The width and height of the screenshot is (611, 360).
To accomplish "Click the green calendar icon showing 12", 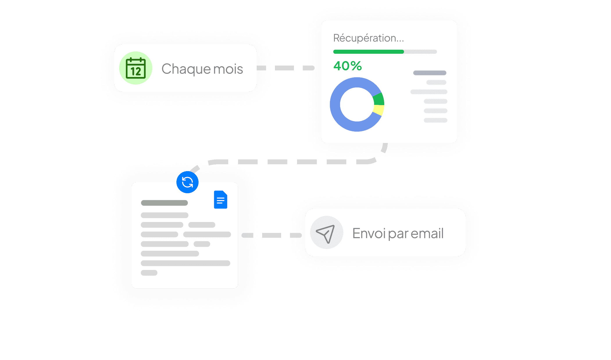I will (136, 68).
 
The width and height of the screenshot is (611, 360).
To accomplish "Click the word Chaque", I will (186, 69).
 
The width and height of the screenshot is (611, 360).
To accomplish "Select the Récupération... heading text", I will (368, 38).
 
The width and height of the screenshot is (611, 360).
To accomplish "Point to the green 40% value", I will (347, 66).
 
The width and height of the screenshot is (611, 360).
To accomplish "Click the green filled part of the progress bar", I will (368, 52).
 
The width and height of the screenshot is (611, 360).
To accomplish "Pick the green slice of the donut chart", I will (379, 99).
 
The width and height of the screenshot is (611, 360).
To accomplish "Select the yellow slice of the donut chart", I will (378, 110).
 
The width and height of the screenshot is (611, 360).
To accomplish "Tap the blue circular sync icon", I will (187, 182).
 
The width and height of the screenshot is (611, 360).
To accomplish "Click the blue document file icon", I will (221, 200).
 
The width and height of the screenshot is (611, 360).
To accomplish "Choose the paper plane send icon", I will (326, 233).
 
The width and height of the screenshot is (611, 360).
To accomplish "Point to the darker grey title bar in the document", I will (164, 203).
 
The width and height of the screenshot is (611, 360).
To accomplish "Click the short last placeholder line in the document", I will (149, 273).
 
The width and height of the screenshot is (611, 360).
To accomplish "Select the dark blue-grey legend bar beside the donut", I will (430, 73).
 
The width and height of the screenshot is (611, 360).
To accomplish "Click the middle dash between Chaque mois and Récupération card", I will (284, 68).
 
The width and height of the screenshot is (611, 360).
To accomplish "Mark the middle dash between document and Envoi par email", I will (271, 235).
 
